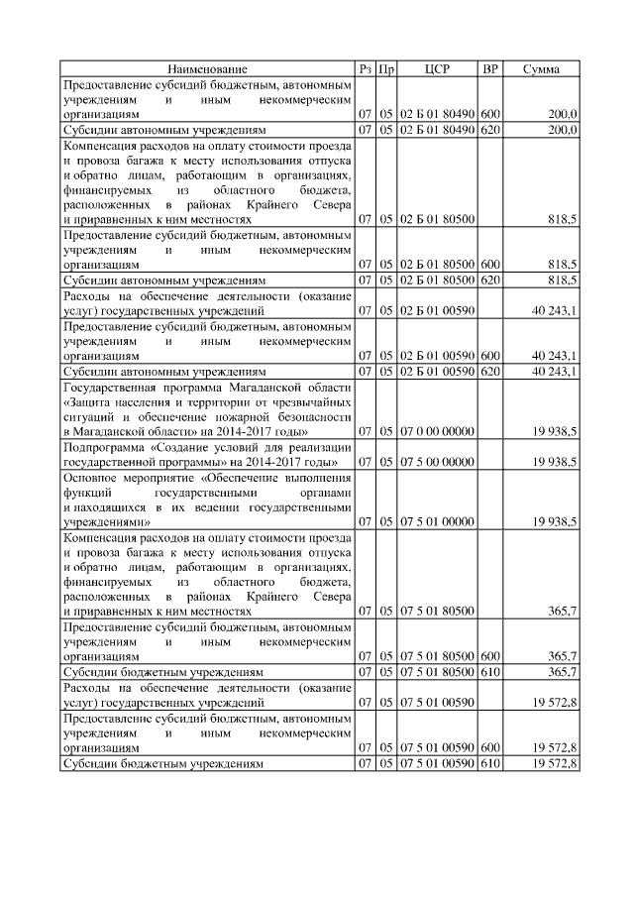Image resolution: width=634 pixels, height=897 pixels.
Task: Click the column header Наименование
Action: (207, 69)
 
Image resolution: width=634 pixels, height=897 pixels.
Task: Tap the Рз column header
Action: (365, 69)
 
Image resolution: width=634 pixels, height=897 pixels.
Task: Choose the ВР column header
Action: (489, 69)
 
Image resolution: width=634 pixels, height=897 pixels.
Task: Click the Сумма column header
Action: (541, 69)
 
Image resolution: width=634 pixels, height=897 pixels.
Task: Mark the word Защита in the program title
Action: (90, 403)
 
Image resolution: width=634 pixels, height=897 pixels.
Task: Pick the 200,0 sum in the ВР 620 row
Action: (563, 130)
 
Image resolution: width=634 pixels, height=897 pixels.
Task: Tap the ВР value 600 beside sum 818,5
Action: (489, 265)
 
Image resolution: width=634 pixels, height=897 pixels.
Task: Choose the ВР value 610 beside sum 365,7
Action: (489, 672)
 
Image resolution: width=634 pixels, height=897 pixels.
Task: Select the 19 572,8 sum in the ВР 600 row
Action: (555, 746)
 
